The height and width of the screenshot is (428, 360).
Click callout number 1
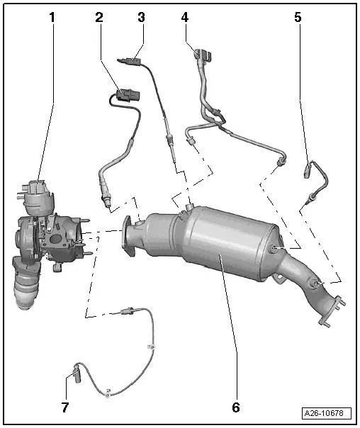point(51,16)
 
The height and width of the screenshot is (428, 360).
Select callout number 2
point(99,16)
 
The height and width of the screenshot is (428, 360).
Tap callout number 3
point(142,16)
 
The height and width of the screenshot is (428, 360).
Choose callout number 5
point(298,16)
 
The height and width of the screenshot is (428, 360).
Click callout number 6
point(235,407)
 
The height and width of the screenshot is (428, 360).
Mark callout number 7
point(65,407)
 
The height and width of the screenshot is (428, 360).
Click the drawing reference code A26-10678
point(327,413)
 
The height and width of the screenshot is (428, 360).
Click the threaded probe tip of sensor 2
point(106,204)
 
